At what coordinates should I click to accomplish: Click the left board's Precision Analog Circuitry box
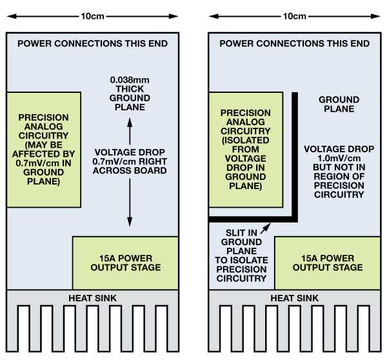click(44, 149)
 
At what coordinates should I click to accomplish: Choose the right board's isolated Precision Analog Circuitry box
click(245, 149)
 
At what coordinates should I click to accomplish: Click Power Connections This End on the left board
click(92, 44)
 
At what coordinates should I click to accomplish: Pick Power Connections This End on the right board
click(295, 44)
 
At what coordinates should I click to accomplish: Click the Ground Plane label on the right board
click(339, 105)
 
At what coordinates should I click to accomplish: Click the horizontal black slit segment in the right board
click(252, 217)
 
